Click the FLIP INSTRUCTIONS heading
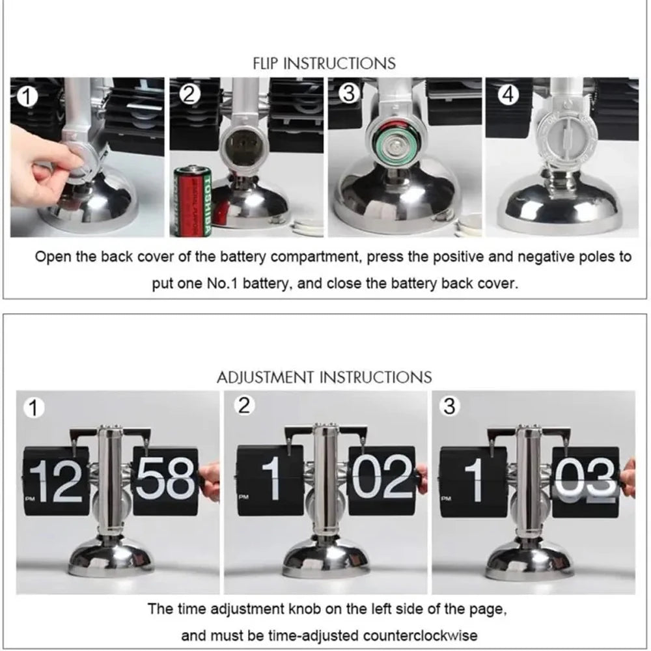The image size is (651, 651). (x=324, y=63)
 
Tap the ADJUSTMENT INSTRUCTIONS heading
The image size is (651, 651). (x=324, y=377)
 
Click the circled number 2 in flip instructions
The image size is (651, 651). (x=189, y=95)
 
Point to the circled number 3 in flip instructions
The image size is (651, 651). (x=349, y=94)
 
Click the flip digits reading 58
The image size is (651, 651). (x=165, y=480)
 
